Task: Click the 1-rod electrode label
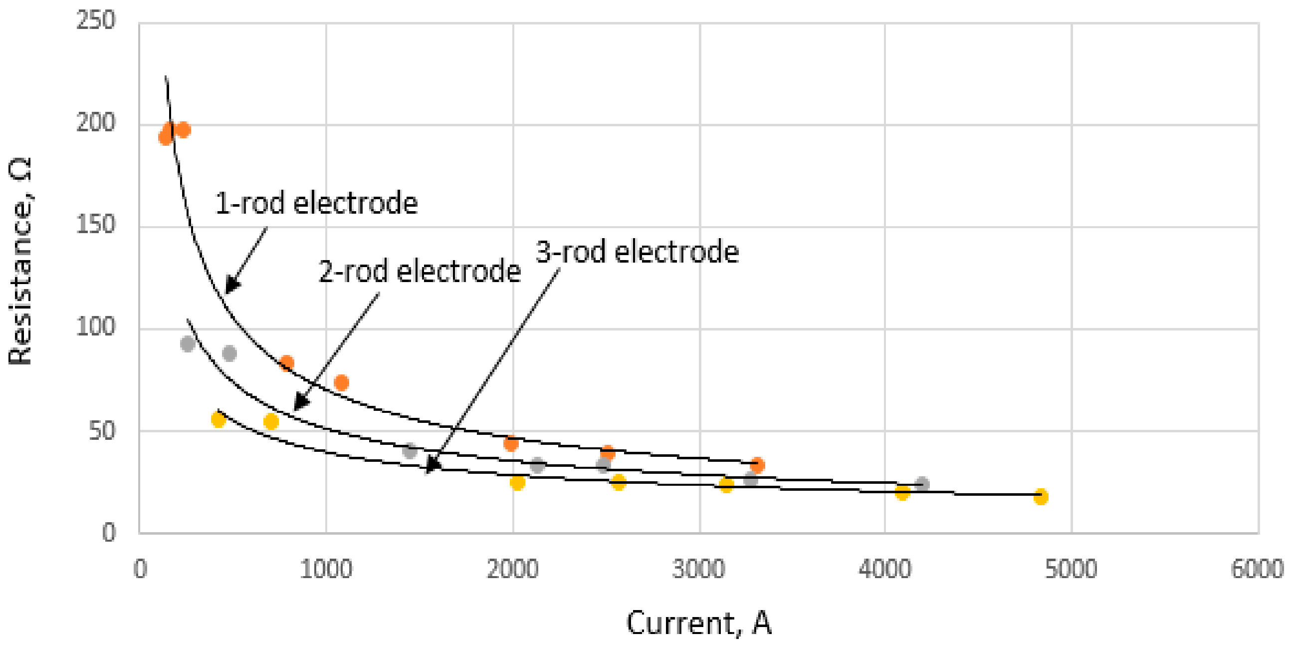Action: point(316,203)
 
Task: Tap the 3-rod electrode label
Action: point(637,252)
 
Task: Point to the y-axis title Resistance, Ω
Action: point(20,261)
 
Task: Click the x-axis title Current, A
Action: point(698,623)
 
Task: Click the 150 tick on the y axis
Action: point(95,224)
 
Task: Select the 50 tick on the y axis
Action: point(101,430)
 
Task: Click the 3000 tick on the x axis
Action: point(698,569)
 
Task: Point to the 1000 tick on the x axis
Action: point(326,569)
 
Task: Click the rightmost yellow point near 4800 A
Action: point(1041,497)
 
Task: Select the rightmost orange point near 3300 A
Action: point(757,465)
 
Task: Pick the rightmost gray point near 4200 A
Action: point(922,484)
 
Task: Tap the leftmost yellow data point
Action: point(218,419)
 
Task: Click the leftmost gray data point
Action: point(188,344)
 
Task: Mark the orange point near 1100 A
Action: point(341,383)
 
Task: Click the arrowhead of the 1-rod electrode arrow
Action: point(230,287)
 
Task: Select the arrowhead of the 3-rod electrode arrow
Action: point(431,466)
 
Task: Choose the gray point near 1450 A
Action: point(410,451)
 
